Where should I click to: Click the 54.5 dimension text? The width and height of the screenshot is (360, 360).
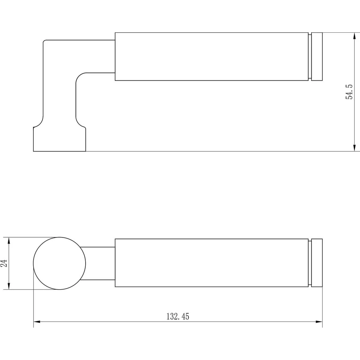tap(349, 92)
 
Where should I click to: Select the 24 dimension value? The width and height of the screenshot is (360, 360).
tap(4, 263)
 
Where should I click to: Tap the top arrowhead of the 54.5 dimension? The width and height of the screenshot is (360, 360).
tap(354, 36)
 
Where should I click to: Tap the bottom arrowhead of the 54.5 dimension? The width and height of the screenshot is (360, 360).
tap(354, 148)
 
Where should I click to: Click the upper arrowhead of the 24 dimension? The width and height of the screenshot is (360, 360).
tap(9, 241)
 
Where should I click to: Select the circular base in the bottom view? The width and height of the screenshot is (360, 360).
tap(59, 237)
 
